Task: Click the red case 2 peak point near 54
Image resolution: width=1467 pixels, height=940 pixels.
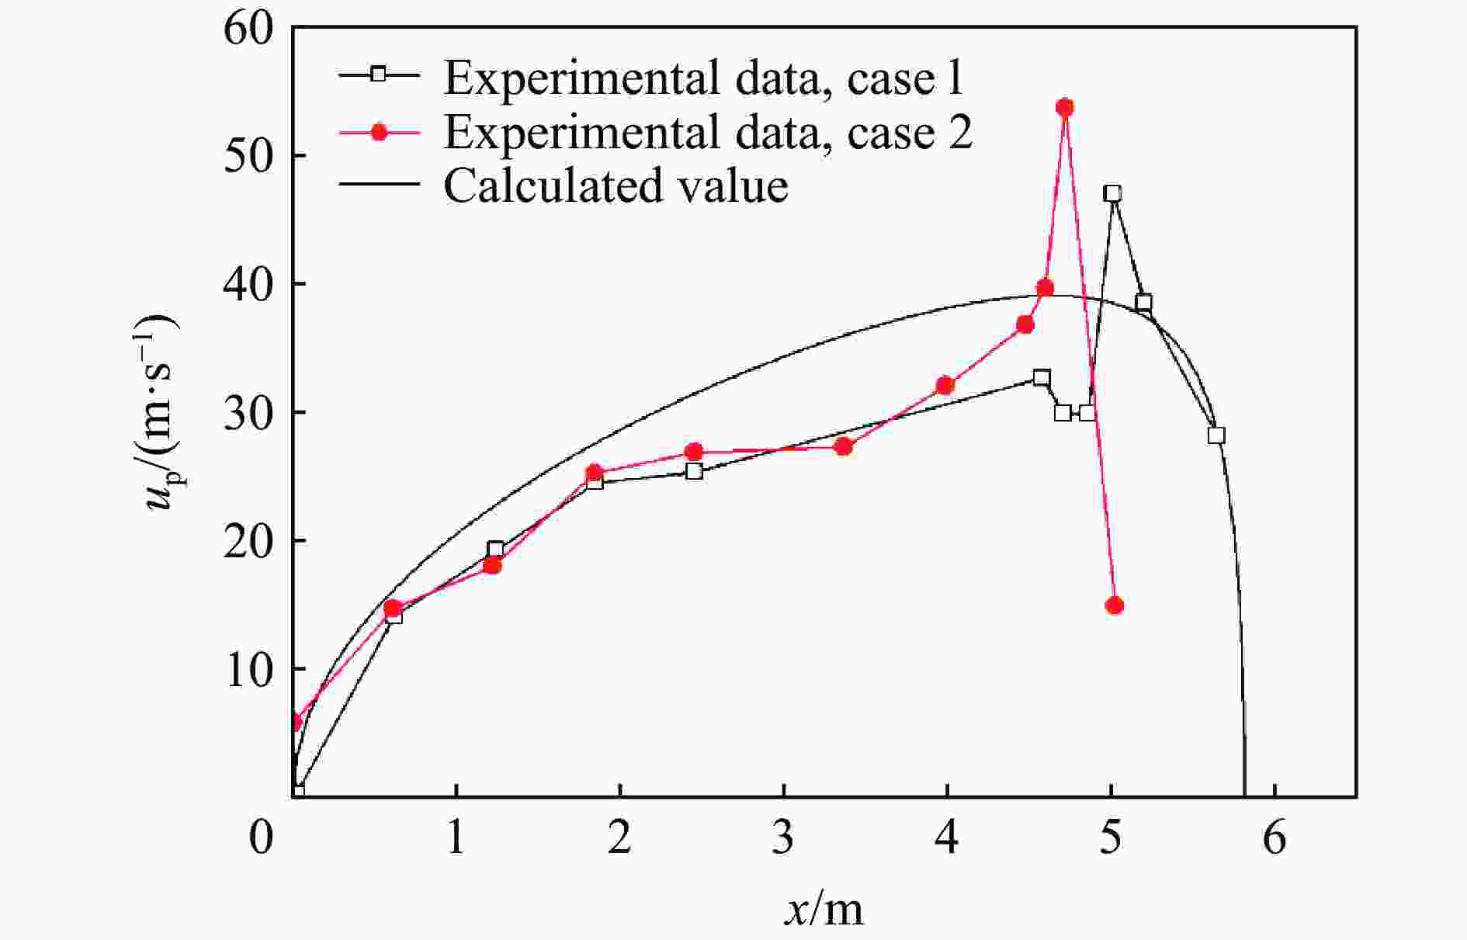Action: pos(1065,107)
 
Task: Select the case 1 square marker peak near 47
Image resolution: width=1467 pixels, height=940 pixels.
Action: pos(1113,193)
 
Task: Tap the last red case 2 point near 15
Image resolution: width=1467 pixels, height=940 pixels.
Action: pos(1115,605)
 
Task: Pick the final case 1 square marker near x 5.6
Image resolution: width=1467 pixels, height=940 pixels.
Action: pos(1216,435)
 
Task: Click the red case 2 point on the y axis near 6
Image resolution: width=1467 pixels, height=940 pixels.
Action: pos(295,723)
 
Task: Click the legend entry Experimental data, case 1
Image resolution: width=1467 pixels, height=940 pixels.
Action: pos(702,78)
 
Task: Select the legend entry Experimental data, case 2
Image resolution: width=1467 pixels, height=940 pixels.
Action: pos(707,132)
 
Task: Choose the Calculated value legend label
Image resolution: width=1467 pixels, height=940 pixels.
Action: pos(616,186)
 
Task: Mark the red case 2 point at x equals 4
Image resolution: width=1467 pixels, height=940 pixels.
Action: pos(945,386)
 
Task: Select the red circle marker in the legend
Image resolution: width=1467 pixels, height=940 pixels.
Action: pos(379,132)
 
